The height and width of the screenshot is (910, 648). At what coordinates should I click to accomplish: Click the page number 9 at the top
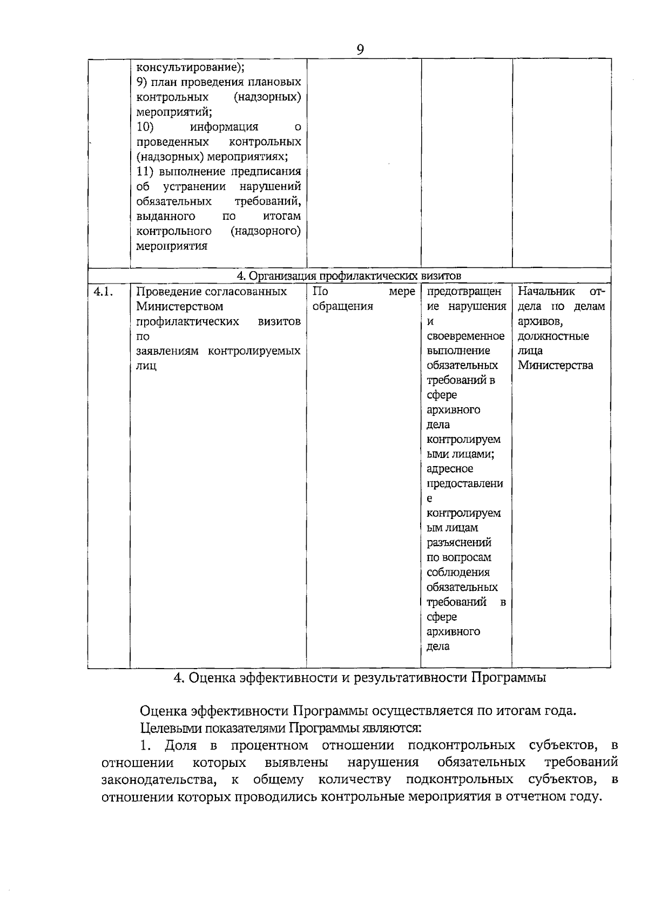click(x=360, y=49)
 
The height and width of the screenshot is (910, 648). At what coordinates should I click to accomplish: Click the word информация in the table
click(x=224, y=127)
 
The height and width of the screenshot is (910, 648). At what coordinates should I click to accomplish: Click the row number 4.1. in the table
click(x=103, y=292)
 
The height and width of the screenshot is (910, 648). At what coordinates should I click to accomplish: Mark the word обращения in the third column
click(x=342, y=307)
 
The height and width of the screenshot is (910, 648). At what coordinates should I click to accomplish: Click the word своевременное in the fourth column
click(x=465, y=336)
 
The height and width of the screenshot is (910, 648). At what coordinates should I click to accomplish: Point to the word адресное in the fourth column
click(x=449, y=469)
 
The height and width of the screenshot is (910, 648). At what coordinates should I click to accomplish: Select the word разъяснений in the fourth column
click(x=458, y=543)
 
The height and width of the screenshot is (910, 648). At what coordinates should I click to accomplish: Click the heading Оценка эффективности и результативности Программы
click(x=360, y=678)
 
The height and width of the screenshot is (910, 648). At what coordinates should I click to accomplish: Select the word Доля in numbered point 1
click(x=180, y=746)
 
